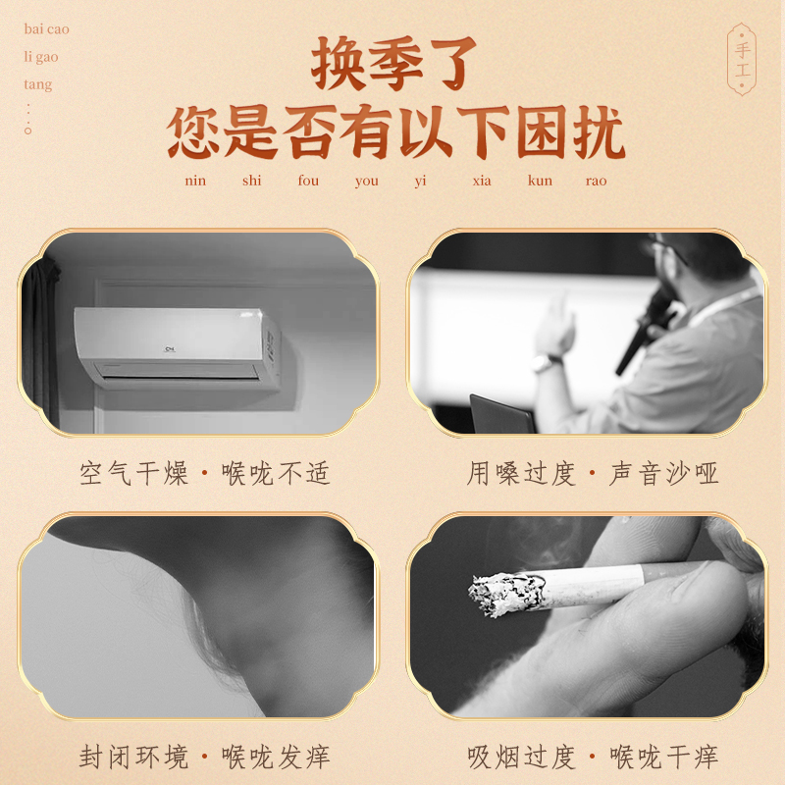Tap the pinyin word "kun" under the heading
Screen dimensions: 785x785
click(540, 181)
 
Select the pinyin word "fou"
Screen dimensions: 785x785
click(308, 181)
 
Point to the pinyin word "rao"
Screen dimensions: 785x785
click(596, 181)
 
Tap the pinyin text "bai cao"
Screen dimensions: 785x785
click(46, 29)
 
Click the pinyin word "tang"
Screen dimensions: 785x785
click(38, 84)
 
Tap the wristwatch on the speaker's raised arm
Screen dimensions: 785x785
click(547, 363)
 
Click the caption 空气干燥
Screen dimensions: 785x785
click(134, 474)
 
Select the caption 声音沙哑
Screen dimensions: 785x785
click(664, 474)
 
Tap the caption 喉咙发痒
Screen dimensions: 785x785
click(276, 757)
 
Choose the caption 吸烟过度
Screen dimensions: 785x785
click(521, 757)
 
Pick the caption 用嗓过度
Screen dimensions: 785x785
click(521, 474)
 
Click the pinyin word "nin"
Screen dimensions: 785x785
click(195, 181)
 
